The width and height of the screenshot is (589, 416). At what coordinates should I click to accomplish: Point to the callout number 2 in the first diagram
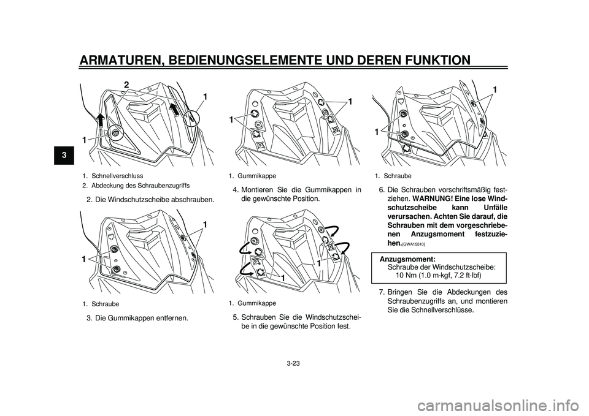click(126, 84)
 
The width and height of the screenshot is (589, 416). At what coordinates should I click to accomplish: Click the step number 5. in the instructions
click(236, 317)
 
